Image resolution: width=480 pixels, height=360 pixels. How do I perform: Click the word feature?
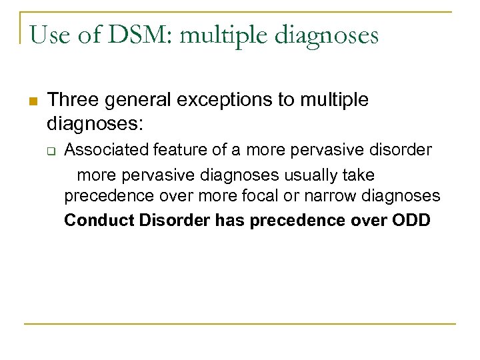[177, 150]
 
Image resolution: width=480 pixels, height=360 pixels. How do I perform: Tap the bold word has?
[231, 220]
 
